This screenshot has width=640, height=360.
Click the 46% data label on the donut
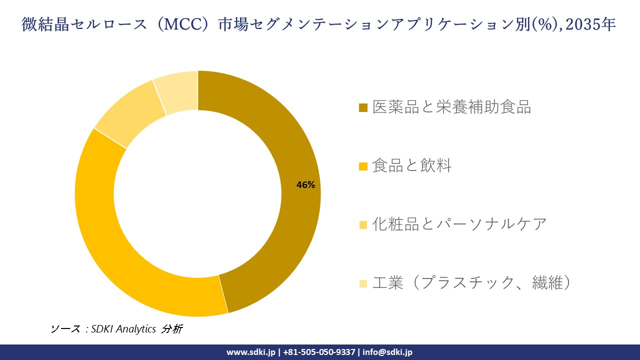tap(305, 185)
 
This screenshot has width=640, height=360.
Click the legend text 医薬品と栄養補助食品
tap(451, 107)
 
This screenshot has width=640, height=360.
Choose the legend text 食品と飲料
tap(411, 165)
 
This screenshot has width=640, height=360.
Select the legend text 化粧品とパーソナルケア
tap(459, 224)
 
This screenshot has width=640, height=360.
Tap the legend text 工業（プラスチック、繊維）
tap(471, 283)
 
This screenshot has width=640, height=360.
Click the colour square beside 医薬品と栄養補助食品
tap(363, 107)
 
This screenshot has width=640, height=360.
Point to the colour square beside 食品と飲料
tap(363, 166)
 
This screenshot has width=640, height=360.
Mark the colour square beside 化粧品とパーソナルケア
tap(363, 224)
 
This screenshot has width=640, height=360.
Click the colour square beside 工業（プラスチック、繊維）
tap(363, 283)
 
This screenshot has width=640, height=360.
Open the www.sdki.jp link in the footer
tap(250, 352)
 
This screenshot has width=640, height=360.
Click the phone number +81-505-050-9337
tap(319, 352)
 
